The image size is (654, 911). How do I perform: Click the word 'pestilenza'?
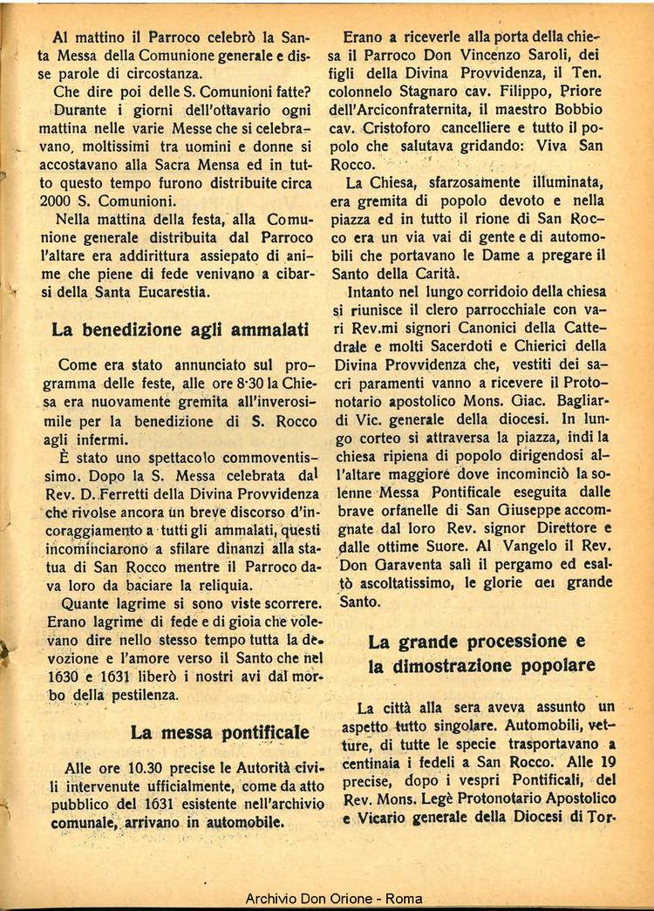(137, 695)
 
